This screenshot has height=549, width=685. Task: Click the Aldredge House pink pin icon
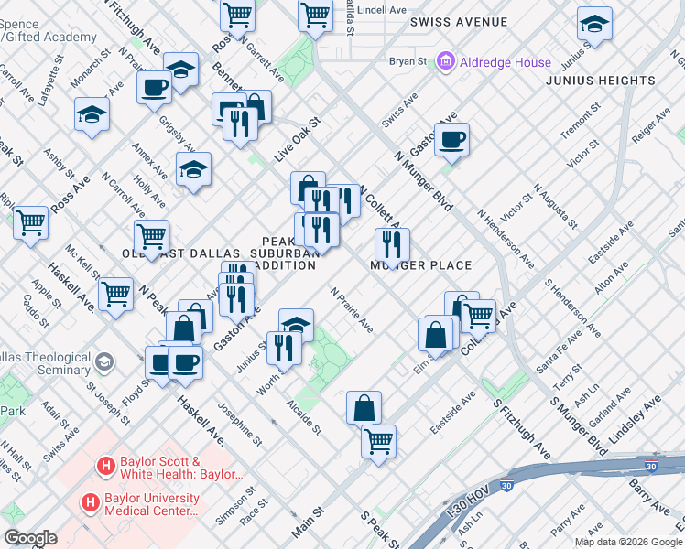pyautogui.click(x=447, y=62)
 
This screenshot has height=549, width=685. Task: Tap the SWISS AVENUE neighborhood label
pyautogui.click(x=459, y=21)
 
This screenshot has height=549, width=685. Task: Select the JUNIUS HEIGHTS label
pyautogui.click(x=601, y=81)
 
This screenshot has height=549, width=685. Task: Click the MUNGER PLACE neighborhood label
pyautogui.click(x=420, y=265)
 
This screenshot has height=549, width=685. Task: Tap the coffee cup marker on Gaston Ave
pyautogui.click(x=451, y=141)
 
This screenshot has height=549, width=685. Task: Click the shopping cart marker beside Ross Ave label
pyautogui.click(x=30, y=222)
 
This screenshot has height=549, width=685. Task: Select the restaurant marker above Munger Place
pyautogui.click(x=391, y=244)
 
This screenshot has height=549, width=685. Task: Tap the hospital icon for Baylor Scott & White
pyautogui.click(x=105, y=467)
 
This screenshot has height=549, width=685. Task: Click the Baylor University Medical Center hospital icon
pyautogui.click(x=90, y=502)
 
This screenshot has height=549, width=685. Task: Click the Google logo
pyautogui.click(x=30, y=538)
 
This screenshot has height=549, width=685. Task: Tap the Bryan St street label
pyautogui.click(x=408, y=62)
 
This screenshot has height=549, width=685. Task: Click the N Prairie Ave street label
pyautogui.click(x=352, y=311)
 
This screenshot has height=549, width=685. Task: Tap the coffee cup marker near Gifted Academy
pyautogui.click(x=154, y=88)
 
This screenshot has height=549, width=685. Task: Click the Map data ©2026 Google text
pyautogui.click(x=627, y=541)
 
